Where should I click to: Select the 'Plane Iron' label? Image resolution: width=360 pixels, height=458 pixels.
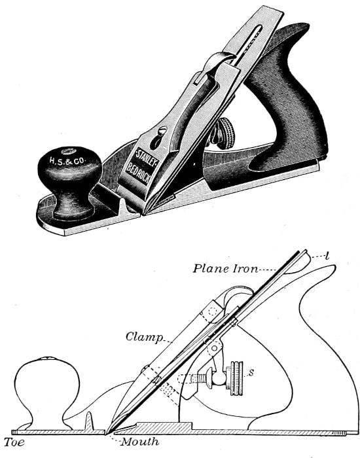(x=226, y=268)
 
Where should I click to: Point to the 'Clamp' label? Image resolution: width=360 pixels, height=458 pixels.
(x=144, y=337)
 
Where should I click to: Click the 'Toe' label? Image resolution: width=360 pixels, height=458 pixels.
(x=14, y=442)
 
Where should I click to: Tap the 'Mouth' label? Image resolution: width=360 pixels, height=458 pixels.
(x=140, y=442)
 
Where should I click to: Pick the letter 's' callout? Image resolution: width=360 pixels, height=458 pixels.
(x=251, y=372)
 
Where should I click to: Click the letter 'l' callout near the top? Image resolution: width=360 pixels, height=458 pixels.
(x=327, y=256)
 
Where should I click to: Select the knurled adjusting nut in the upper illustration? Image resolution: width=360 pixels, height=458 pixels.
(x=226, y=133)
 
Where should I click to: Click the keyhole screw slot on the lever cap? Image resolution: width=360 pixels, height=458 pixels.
(x=158, y=137)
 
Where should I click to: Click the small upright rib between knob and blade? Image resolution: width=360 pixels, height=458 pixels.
(x=88, y=421)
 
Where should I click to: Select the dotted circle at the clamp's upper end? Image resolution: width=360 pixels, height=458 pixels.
(x=212, y=311)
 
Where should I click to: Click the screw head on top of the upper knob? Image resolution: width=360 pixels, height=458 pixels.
(x=68, y=151)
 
